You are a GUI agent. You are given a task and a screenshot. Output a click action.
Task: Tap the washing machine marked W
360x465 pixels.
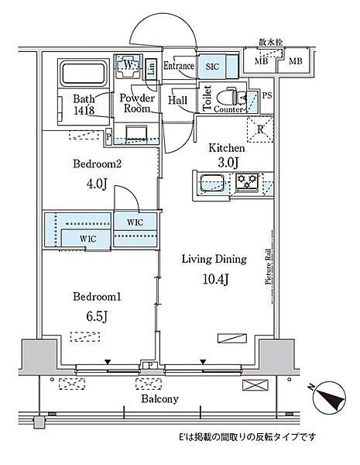pos(128,66)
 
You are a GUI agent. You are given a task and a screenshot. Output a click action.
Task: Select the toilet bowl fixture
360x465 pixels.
pos(231,96)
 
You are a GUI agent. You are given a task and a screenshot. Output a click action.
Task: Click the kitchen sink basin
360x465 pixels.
pos(212,183)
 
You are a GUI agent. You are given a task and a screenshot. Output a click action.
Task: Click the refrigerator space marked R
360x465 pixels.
pos(260,129)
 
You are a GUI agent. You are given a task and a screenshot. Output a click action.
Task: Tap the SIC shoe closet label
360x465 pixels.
pos(212,67)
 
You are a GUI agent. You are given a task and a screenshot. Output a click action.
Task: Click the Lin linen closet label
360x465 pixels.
pos(152,69)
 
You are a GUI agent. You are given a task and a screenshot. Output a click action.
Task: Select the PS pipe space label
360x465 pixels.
pos(267,95)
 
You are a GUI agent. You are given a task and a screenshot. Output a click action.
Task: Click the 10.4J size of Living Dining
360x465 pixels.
pos(215,279)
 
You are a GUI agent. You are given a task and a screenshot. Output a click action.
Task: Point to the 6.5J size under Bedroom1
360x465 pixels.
pos(97,316)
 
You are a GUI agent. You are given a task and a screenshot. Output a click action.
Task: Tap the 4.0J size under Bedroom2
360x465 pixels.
pos(97,184)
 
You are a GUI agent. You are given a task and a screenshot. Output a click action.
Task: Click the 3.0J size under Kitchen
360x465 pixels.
pos(228,162)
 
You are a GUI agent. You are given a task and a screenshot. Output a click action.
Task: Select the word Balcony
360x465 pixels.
pos(159,399)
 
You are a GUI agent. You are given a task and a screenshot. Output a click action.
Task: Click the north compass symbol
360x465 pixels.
pos(329,397)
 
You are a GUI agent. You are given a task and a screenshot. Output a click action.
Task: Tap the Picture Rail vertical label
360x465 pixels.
pos(268,267)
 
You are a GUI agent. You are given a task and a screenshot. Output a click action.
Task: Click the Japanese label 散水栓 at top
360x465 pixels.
pos(271,43)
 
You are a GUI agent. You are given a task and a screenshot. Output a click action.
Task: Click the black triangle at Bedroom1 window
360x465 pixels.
pos(108,362)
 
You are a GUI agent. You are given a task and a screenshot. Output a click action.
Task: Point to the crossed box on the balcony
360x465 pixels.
pos(255,385)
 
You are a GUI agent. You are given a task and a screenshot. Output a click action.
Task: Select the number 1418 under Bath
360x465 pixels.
pos(84,110)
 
